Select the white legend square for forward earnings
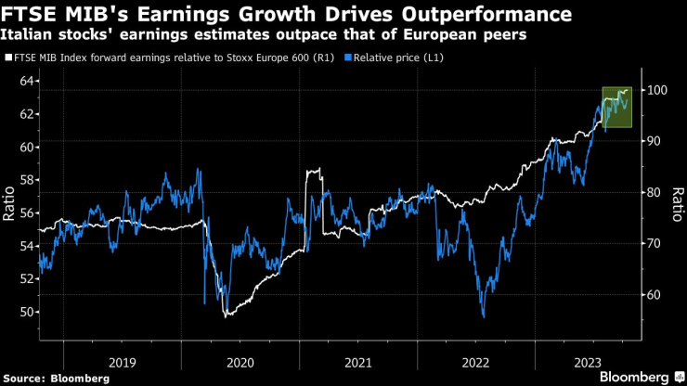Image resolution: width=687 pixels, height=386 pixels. pos(8,58)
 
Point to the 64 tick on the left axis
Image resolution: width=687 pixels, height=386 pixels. pos(28,81)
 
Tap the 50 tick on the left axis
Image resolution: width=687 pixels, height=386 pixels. pos(28,313)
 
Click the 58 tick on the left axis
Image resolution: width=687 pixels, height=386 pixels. pos(28,180)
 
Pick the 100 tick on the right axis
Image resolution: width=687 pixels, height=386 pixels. pos(657,90)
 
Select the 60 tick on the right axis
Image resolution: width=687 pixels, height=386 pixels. pos(655,294)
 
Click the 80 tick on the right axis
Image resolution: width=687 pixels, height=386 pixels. pos(655,192)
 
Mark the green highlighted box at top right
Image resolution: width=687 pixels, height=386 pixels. pos(616,107)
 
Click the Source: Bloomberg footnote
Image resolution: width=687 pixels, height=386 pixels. pos(57,378)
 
